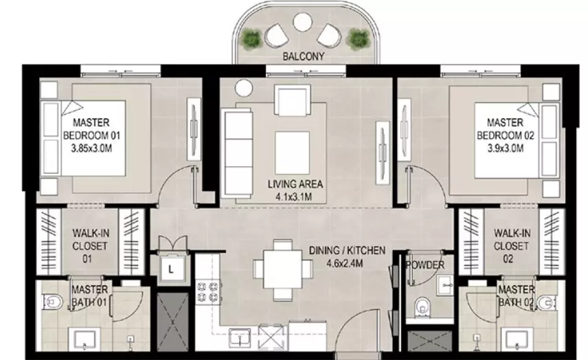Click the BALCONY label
304,56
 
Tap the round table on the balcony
302,23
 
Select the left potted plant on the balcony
251,38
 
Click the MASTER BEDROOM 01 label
91,129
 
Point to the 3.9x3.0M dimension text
505,148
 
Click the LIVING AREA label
295,184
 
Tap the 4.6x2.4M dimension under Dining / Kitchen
344,263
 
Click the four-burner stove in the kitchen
207,293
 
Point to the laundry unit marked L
171,269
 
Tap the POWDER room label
425,265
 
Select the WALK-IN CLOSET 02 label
511,246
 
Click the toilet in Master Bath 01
53,302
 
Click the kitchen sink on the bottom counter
240,338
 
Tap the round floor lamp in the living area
244,88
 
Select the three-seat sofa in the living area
237,153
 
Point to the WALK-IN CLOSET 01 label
91,246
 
